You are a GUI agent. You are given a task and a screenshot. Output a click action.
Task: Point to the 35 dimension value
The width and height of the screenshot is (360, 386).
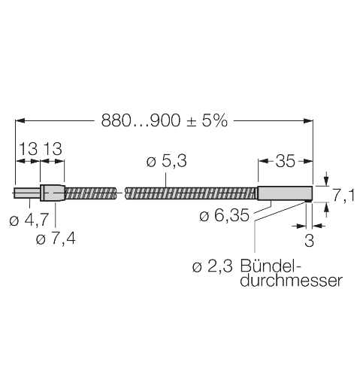click(x=286, y=160)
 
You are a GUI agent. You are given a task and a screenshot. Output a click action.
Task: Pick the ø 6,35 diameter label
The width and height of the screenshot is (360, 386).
click(x=223, y=217)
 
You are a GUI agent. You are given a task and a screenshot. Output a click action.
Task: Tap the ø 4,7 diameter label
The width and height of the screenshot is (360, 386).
click(x=30, y=220)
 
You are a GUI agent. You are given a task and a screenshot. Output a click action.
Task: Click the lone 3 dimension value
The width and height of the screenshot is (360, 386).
click(x=308, y=241)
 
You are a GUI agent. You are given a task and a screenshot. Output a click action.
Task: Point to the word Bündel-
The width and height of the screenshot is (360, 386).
click(x=271, y=266)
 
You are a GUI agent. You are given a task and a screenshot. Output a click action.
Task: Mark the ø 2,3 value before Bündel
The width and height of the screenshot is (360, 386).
click(x=213, y=266)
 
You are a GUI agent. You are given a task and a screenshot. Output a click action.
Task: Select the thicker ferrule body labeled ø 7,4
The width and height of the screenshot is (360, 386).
click(x=53, y=193)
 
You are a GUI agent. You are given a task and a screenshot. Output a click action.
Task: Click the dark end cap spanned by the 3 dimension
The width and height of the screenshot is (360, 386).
click(x=311, y=193)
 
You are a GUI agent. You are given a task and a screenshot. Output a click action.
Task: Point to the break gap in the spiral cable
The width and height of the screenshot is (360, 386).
click(x=121, y=193)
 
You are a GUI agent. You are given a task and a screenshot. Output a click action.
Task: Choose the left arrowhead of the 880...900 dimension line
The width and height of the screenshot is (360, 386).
click(x=20, y=120)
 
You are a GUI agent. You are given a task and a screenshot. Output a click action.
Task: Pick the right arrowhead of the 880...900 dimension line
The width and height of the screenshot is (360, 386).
click(x=309, y=120)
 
